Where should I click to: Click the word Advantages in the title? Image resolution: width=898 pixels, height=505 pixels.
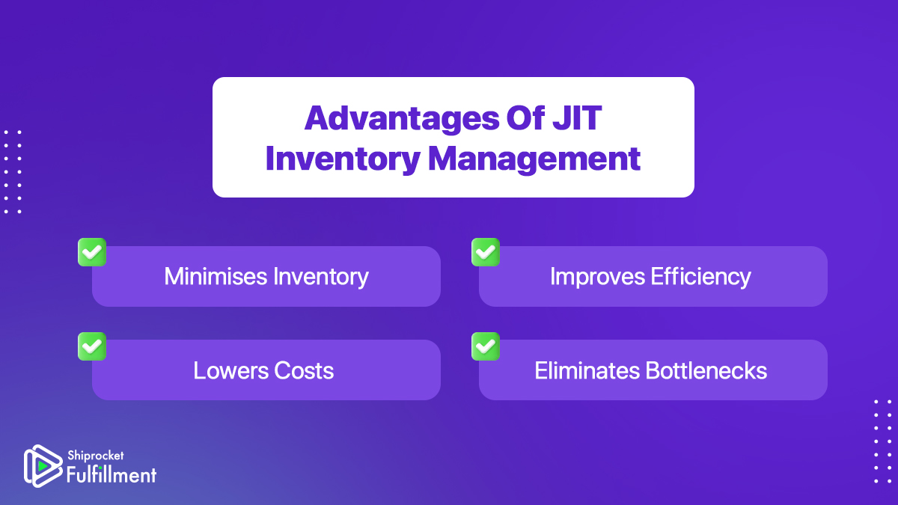point(402,119)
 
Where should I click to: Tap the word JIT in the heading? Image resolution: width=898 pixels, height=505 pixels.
point(576,118)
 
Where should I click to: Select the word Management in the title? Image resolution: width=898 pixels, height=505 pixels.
point(534,160)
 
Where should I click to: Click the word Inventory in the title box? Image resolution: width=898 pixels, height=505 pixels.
point(343,160)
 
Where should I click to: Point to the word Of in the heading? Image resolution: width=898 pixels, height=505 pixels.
point(525,118)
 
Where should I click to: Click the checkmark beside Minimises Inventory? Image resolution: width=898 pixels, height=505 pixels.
point(92,252)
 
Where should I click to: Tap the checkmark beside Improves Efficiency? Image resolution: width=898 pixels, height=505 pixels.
point(486,252)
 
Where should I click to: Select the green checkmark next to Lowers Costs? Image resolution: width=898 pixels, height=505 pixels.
point(92,346)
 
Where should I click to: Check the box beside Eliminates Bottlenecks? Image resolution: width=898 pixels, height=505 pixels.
point(486,346)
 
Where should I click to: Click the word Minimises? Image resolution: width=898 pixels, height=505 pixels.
point(216,276)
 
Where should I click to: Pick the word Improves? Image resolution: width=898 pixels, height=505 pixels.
point(598,277)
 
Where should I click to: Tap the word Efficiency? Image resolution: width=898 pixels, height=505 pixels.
point(700,277)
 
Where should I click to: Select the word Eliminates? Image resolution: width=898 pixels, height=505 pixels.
point(587,370)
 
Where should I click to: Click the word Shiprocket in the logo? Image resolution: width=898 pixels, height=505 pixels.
point(96,456)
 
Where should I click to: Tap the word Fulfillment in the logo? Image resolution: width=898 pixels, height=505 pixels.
point(111,475)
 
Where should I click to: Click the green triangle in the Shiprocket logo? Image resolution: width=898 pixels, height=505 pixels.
point(43,466)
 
